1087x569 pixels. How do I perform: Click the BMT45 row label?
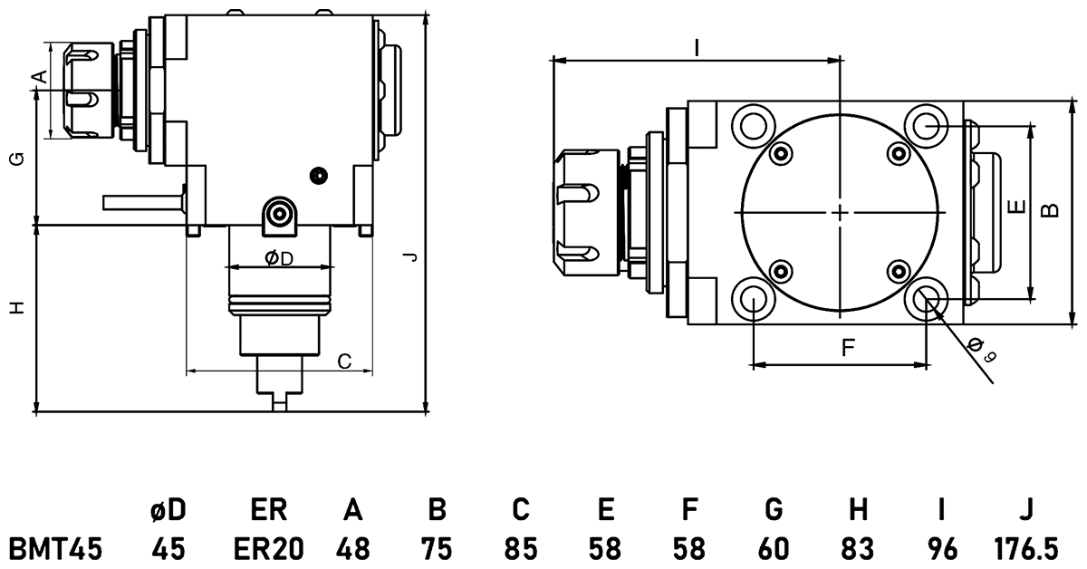[55, 548]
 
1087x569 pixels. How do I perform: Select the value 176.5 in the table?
[1025, 548]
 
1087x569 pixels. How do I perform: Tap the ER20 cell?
[268, 548]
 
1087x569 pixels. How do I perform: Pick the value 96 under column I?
[941, 548]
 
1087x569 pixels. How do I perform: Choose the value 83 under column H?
[858, 548]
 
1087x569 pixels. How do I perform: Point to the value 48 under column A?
[353, 548]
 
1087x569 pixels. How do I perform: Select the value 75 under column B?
[437, 548]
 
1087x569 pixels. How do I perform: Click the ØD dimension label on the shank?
[279, 259]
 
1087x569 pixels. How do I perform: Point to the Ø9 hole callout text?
[981, 350]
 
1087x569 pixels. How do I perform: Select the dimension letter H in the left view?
[16, 308]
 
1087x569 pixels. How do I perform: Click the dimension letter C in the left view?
[344, 361]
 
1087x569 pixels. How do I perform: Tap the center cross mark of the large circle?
[840, 212]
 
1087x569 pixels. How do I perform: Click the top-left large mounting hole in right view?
[754, 123]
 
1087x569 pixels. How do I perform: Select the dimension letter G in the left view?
[16, 159]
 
